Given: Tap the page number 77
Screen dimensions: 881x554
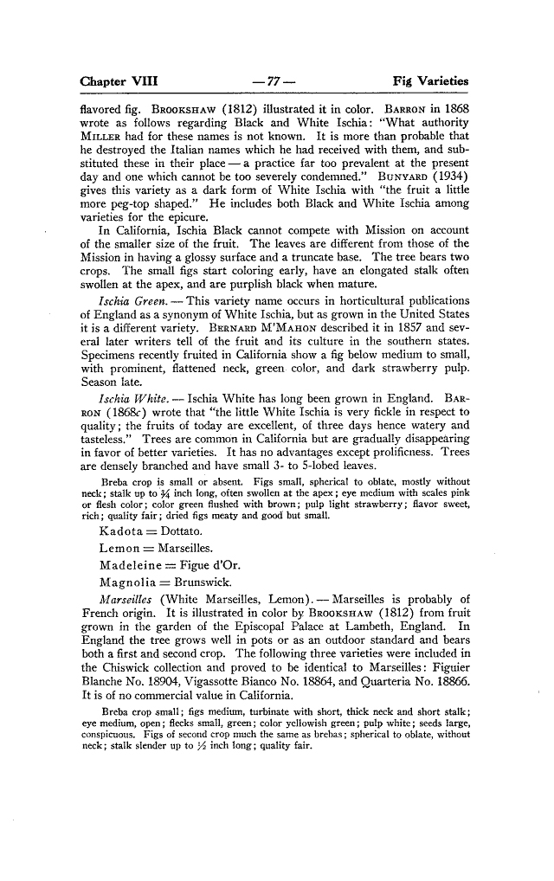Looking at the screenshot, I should click(276, 81).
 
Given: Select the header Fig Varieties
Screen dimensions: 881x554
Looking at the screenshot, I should click(430, 81).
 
